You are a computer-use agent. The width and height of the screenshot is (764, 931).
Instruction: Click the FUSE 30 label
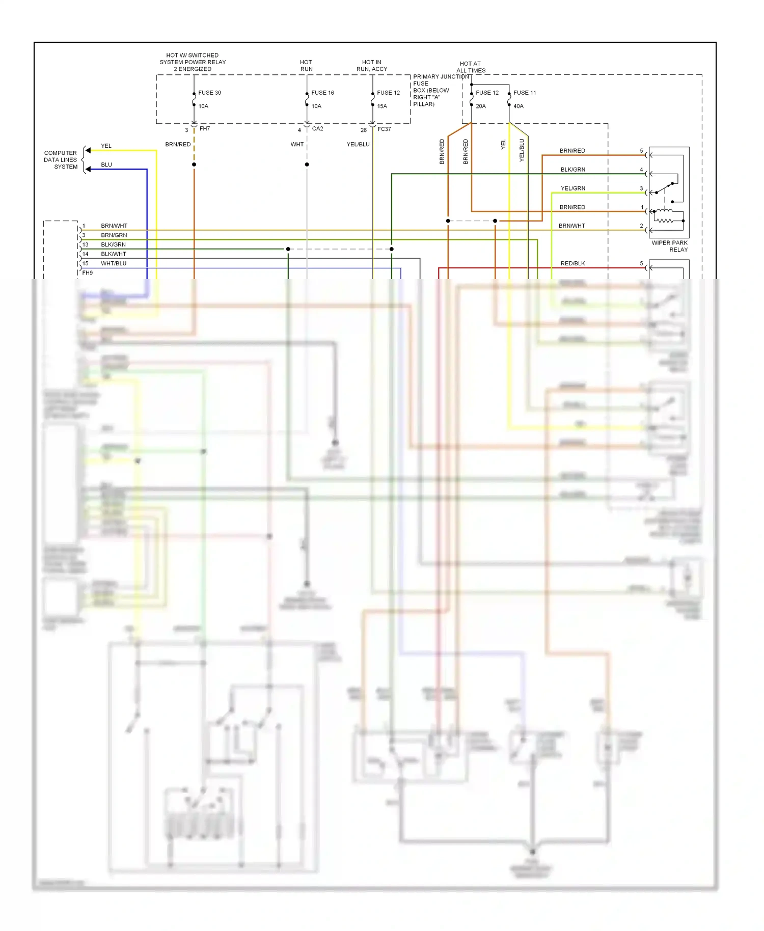click(209, 93)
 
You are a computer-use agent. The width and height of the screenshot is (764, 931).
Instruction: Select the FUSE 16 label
click(322, 93)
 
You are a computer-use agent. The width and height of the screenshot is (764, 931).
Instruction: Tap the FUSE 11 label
click(525, 93)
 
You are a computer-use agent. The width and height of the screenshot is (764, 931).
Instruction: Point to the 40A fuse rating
click(518, 106)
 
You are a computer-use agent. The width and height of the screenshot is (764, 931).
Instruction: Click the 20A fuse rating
click(480, 106)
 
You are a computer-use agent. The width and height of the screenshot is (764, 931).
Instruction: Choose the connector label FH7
click(204, 129)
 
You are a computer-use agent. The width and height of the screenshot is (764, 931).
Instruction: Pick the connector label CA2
click(317, 129)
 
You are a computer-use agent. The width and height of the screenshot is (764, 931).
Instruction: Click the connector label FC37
click(384, 129)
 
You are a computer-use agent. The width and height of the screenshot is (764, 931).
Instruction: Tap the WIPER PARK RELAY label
click(669, 246)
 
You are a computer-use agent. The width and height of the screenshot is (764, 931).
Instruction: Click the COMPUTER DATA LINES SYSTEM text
click(61, 160)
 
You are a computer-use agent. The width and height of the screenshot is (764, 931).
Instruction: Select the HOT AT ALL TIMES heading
click(471, 67)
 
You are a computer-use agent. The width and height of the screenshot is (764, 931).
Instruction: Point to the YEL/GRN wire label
click(573, 188)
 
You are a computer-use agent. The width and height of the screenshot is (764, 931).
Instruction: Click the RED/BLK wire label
click(572, 263)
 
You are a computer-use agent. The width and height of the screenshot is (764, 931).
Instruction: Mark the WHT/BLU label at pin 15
click(114, 263)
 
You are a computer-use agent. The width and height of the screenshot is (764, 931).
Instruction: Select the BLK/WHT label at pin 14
click(114, 254)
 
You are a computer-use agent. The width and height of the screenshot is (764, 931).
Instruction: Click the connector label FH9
click(88, 273)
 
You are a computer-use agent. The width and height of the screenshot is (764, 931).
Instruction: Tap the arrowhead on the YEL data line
click(88, 150)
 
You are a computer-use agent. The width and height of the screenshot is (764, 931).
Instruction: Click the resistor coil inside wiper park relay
click(664, 221)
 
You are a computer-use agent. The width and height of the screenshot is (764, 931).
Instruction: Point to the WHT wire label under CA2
click(297, 145)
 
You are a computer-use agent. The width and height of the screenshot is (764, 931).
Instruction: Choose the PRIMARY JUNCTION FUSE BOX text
click(431, 90)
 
